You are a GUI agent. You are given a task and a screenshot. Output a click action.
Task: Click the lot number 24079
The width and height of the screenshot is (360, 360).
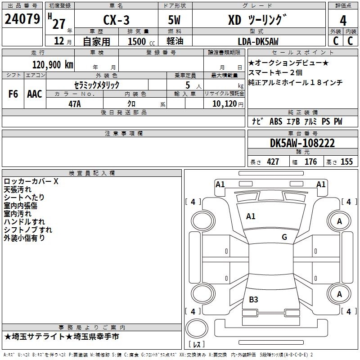[x=22, y=20]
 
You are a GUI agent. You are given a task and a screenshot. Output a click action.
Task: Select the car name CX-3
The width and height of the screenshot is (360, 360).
[x=115, y=20]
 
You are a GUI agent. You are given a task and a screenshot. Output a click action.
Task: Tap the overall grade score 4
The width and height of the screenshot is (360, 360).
[x=343, y=20]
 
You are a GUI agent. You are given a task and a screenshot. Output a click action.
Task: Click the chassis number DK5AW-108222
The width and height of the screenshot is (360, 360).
[x=302, y=143]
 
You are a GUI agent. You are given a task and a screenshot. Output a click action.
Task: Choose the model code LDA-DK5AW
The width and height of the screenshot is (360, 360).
[x=258, y=41]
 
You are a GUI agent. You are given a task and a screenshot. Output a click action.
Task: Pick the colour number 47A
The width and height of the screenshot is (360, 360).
[x=74, y=103]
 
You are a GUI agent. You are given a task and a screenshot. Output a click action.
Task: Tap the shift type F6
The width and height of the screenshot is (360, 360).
[x=13, y=94]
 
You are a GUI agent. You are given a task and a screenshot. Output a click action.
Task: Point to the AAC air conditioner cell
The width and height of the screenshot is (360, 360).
[x=35, y=94]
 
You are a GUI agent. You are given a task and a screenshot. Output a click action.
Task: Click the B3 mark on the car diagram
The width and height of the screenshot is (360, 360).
[x=253, y=299]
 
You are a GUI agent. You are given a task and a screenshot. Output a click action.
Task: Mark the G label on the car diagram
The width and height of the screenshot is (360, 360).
[x=284, y=237]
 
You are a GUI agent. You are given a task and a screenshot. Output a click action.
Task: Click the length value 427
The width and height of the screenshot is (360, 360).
[x=273, y=162]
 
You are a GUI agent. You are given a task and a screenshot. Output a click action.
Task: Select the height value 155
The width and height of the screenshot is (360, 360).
[x=346, y=162]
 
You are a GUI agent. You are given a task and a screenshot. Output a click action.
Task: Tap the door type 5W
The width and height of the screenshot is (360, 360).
[x=175, y=20]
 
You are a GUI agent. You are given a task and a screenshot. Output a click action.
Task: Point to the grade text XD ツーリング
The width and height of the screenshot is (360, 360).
[x=257, y=20]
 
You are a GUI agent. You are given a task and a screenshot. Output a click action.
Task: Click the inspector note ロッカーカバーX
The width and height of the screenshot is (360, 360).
[x=31, y=182]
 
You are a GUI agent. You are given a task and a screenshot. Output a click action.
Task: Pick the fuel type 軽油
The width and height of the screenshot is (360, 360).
[x=175, y=41]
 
